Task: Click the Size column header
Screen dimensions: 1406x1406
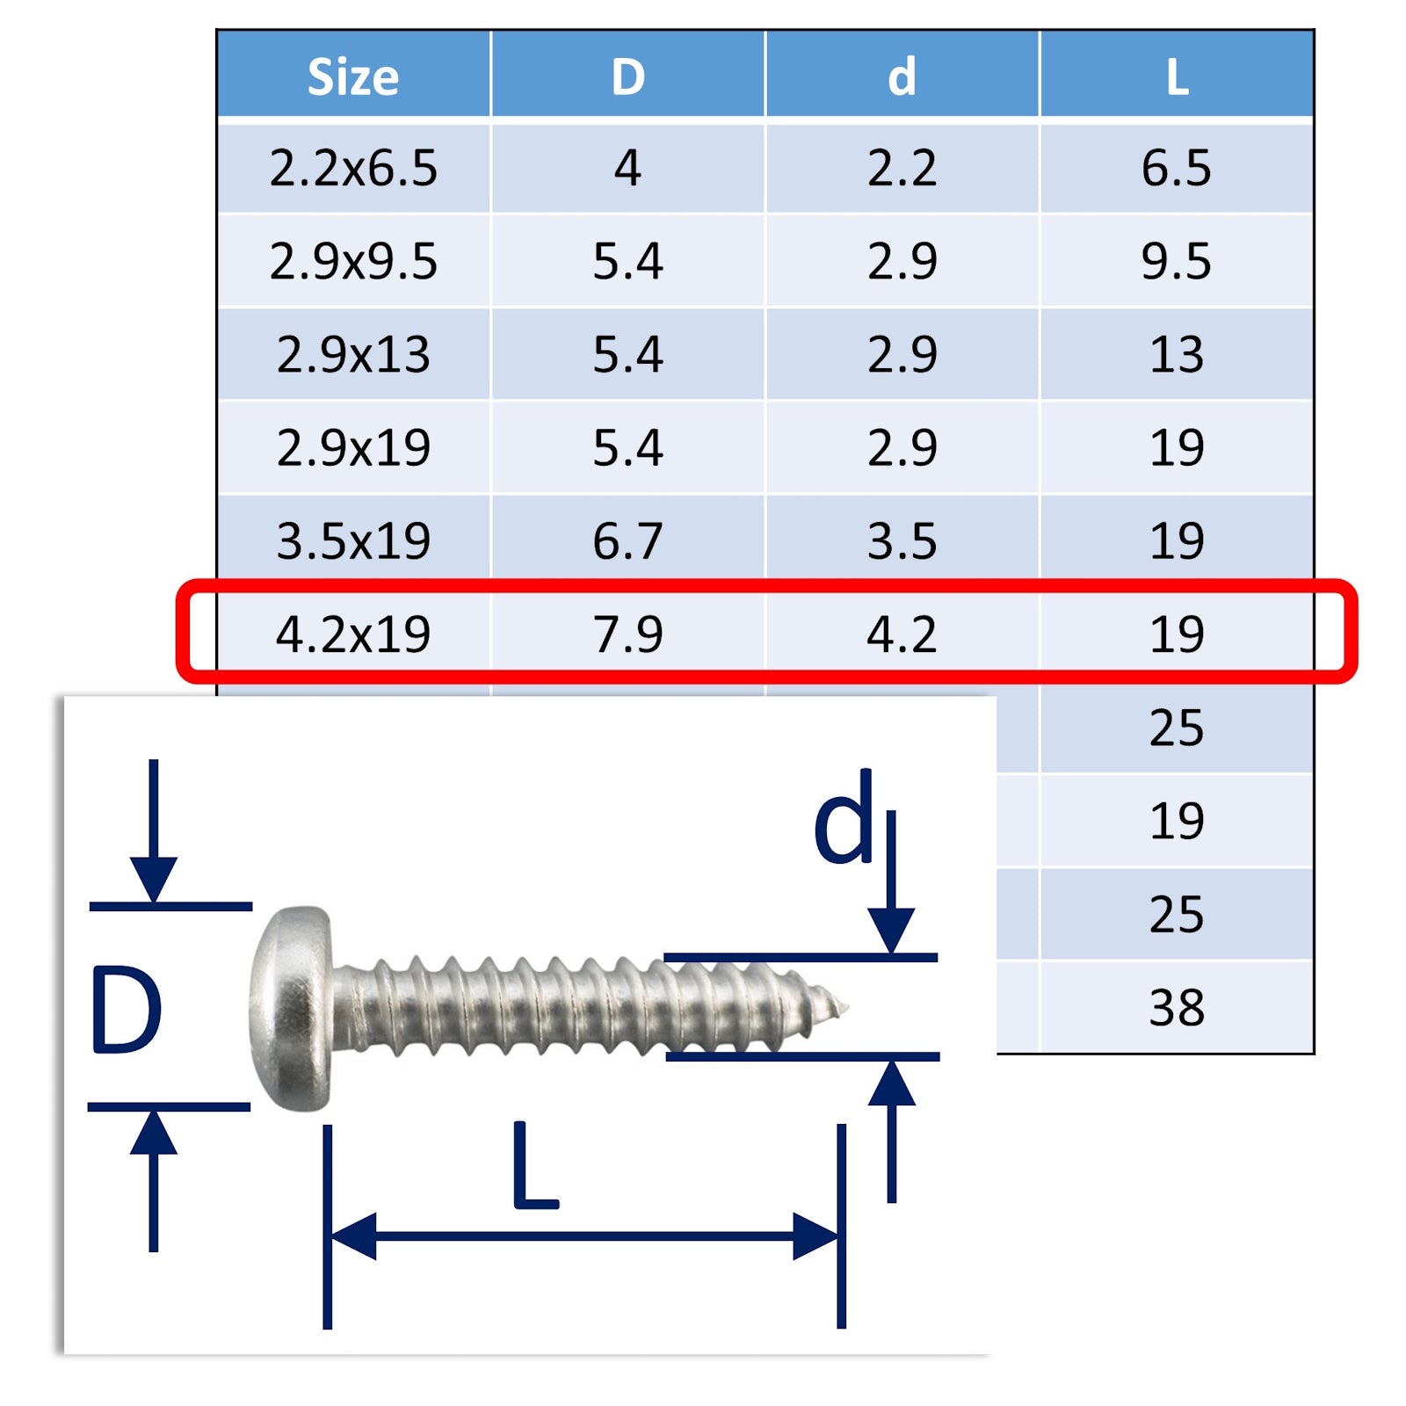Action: click(353, 77)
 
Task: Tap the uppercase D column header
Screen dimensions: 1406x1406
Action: click(627, 77)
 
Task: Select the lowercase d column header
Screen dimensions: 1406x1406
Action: click(902, 76)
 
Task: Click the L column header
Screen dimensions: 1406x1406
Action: click(1178, 77)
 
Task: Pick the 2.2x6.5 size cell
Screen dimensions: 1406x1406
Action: click(353, 168)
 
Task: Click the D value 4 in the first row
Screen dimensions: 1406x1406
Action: click(627, 168)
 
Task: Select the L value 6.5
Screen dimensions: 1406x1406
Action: click(1176, 168)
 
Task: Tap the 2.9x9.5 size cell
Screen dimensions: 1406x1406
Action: click(353, 261)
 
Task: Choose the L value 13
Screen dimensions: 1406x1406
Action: click(1177, 354)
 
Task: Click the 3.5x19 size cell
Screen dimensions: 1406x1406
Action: click(353, 540)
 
